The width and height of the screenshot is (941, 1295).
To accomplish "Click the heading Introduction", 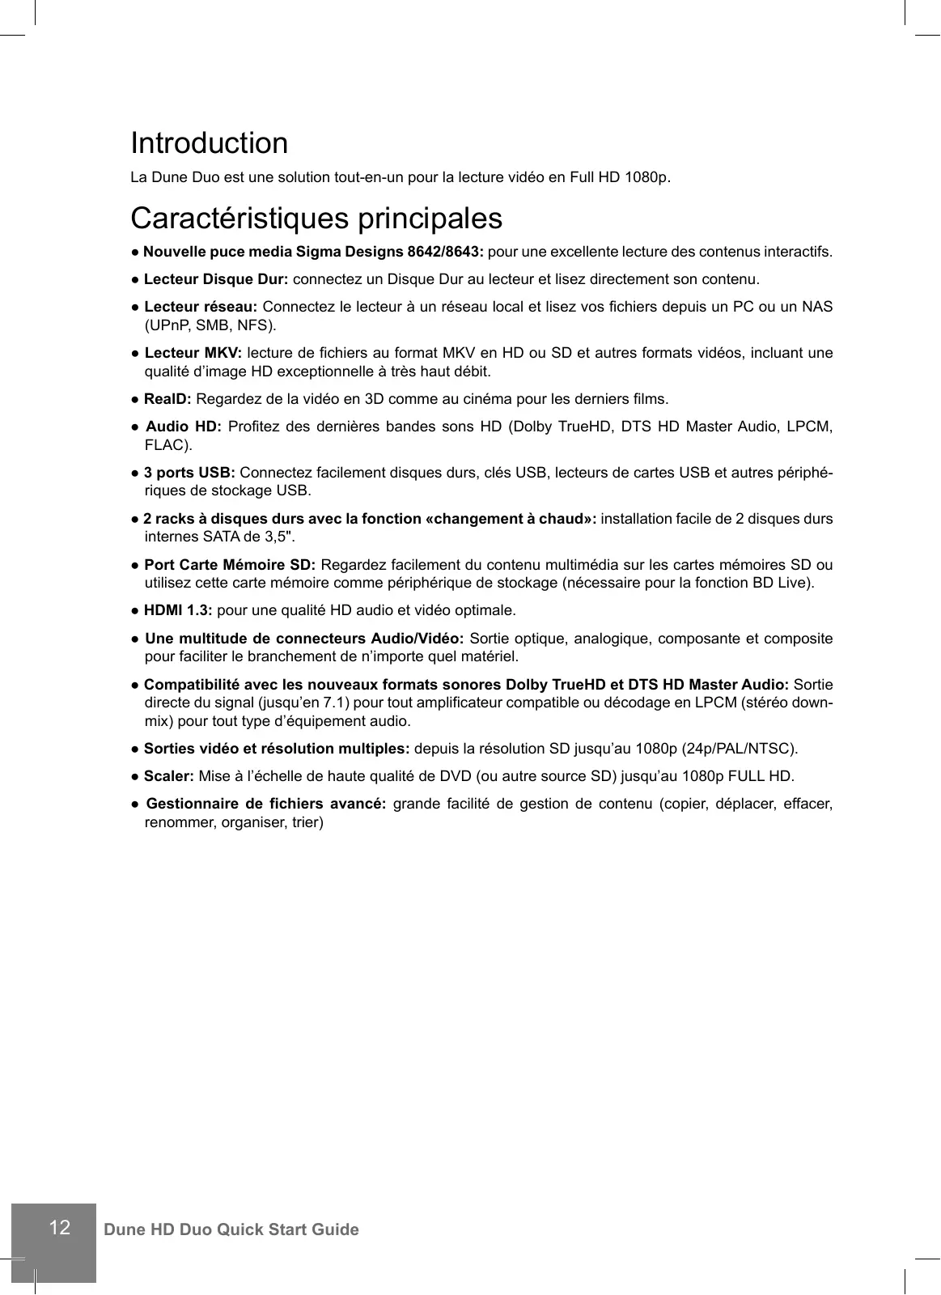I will pyautogui.click(x=209, y=143).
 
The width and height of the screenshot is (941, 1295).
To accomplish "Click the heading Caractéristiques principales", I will pyautogui.click(x=316, y=219).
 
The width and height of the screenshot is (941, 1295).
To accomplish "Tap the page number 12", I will pyautogui.click(x=59, y=1228).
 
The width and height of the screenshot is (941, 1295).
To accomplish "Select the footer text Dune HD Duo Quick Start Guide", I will pyautogui.click(x=231, y=1229).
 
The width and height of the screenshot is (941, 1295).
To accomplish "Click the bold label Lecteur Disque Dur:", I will pyautogui.click(x=215, y=280).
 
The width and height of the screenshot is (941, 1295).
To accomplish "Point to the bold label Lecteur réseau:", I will pyautogui.click(x=201, y=307).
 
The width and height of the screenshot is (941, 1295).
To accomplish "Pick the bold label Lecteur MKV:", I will pyautogui.click(x=193, y=353).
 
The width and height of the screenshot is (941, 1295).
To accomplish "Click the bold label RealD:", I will pyautogui.click(x=167, y=399).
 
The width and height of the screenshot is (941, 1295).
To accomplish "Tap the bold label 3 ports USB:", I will pyautogui.click(x=189, y=473).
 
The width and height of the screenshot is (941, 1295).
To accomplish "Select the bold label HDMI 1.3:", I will pyautogui.click(x=178, y=610).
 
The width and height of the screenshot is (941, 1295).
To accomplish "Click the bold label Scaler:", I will pyautogui.click(x=168, y=776).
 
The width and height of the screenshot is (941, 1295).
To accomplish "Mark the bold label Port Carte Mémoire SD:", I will pyautogui.click(x=229, y=565).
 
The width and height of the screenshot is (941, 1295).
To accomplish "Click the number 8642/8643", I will pyautogui.click(x=445, y=252).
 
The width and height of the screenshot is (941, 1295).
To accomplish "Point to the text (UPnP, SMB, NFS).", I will pyautogui.click(x=210, y=326).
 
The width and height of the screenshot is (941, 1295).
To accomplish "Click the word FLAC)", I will pyautogui.click(x=168, y=445).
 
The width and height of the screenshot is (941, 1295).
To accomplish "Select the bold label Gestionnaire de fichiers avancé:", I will pyautogui.click(x=265, y=804).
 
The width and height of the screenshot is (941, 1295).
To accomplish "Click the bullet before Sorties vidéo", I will pyautogui.click(x=136, y=749).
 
